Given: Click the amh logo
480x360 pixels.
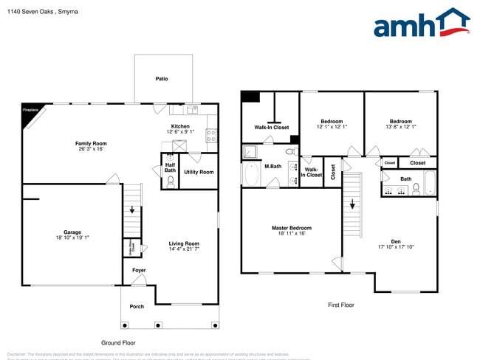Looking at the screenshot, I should (x=421, y=24).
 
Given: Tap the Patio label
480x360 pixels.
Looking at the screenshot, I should (x=161, y=79).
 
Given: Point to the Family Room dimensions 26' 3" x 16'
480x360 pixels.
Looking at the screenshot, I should (x=91, y=149).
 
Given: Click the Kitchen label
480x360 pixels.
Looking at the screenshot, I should (x=182, y=127).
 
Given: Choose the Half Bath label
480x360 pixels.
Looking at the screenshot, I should (x=170, y=167).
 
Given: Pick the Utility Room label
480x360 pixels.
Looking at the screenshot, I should (x=199, y=172).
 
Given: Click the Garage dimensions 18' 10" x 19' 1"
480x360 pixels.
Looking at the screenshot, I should (x=72, y=238).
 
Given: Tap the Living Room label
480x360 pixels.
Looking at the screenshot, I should (x=185, y=243).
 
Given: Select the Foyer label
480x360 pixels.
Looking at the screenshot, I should (x=140, y=270).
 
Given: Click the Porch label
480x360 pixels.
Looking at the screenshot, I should (x=137, y=306).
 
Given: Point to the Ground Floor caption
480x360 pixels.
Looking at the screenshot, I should (x=119, y=343).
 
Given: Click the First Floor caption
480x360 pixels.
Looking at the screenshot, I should (x=341, y=305).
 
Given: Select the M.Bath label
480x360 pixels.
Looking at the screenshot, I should (x=273, y=167).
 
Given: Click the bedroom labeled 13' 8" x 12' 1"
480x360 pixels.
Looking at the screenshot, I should (x=401, y=127).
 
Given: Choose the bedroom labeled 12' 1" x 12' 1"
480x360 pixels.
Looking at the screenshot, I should (x=332, y=127).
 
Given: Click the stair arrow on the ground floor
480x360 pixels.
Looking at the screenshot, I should (x=132, y=210).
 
